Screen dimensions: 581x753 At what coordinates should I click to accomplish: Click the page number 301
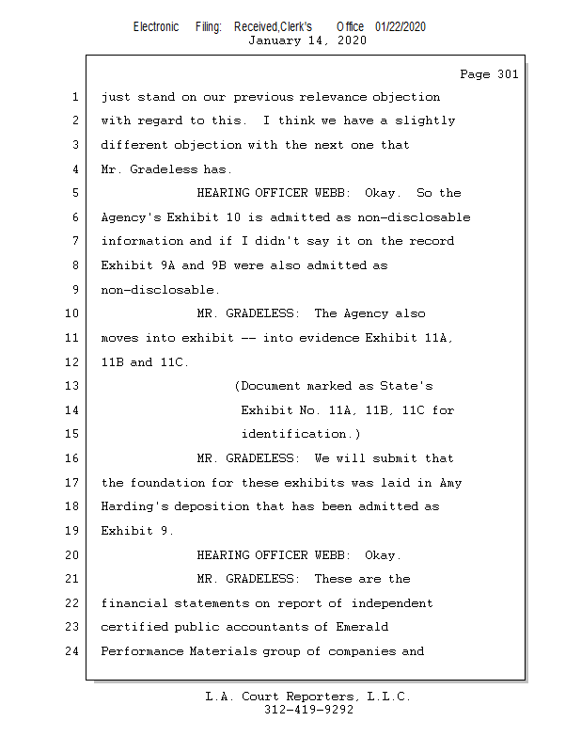(x=508, y=74)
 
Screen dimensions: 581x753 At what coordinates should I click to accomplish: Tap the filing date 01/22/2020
(x=400, y=26)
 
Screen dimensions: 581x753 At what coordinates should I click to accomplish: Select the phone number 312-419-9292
(x=308, y=710)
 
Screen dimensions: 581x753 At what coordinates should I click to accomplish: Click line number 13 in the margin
(x=71, y=386)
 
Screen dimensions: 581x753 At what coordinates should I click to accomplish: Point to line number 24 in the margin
(x=71, y=650)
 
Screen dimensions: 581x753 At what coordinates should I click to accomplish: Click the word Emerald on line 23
(x=362, y=627)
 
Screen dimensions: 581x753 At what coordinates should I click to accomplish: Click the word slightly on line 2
(x=425, y=121)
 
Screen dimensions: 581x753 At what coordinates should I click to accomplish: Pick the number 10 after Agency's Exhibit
(x=233, y=217)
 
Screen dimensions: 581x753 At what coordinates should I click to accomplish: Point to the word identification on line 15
(x=293, y=434)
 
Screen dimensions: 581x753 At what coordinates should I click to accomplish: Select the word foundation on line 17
(x=167, y=483)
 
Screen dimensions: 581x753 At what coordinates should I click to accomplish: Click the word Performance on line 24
(x=142, y=651)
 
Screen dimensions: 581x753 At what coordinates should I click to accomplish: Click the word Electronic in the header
(x=156, y=26)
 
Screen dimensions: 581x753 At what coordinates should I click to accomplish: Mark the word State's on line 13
(x=406, y=386)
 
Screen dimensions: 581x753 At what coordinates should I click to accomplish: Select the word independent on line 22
(x=392, y=603)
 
